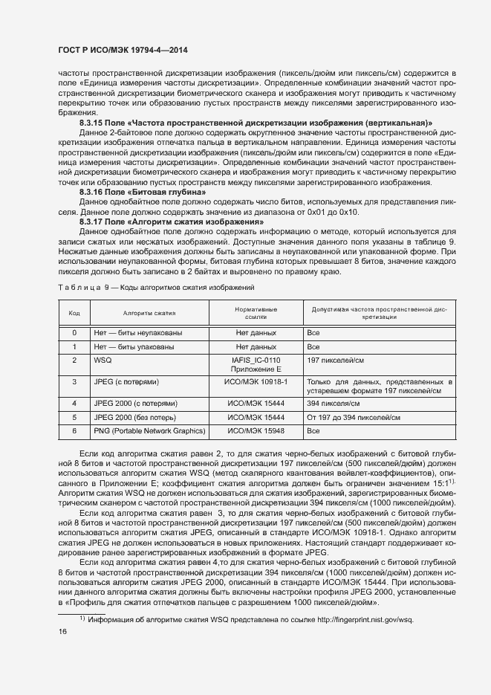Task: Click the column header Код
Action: (x=74, y=313)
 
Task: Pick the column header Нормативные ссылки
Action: (x=256, y=313)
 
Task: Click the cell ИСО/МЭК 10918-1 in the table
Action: (x=256, y=381)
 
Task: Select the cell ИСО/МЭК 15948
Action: (x=256, y=430)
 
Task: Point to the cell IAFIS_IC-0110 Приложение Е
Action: (x=256, y=364)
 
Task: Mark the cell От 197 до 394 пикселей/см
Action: (x=351, y=417)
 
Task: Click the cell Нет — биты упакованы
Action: (x=134, y=347)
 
